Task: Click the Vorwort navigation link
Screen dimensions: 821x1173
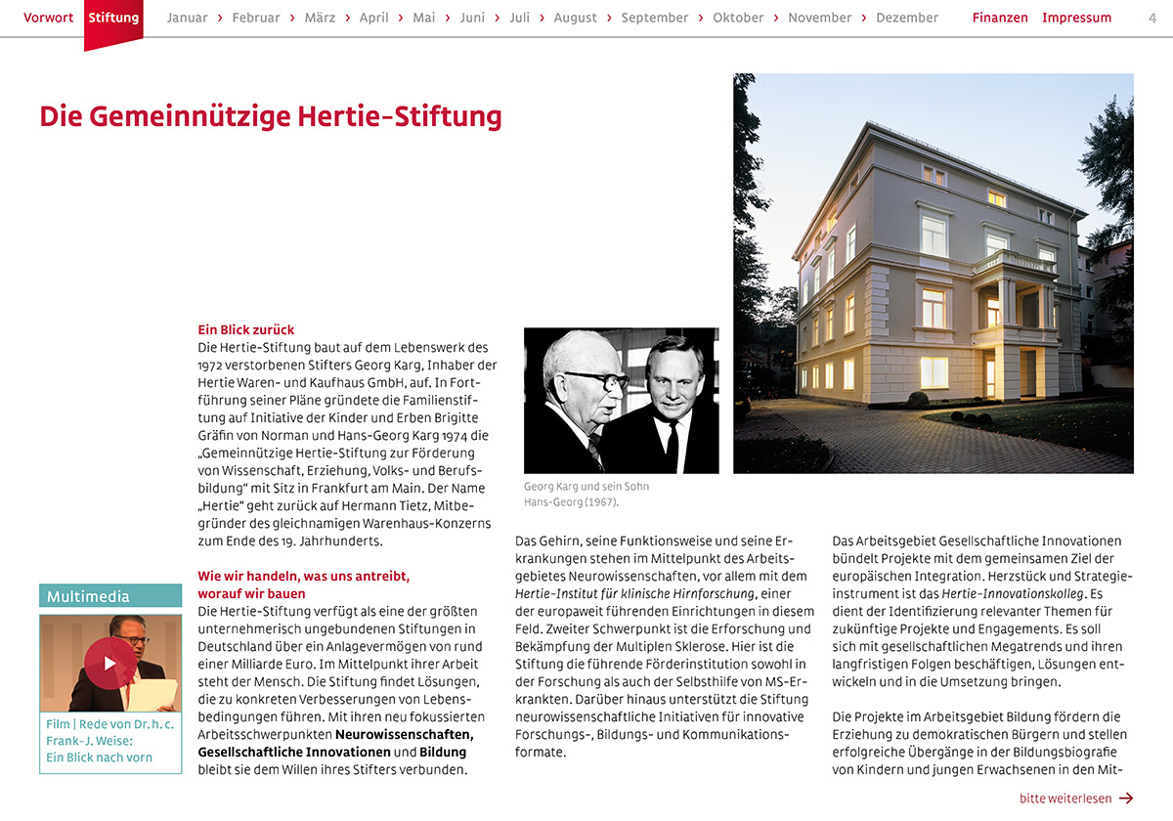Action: point(48,18)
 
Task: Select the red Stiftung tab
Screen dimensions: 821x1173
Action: point(113,18)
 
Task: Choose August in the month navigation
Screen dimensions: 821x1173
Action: point(575,18)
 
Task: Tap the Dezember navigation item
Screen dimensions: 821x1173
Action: point(906,18)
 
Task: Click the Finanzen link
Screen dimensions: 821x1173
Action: point(1000,18)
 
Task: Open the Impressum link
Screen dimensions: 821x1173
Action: point(1076,18)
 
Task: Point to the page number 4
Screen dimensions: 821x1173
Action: point(1152,18)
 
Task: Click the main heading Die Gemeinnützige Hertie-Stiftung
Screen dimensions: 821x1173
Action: point(271,116)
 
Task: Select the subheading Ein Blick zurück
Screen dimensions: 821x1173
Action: point(245,330)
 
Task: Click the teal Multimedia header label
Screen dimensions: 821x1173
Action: point(88,596)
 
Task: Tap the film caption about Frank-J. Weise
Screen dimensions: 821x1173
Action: point(110,741)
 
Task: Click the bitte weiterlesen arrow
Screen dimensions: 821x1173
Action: point(1125,799)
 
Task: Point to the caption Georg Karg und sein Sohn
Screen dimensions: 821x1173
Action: point(586,487)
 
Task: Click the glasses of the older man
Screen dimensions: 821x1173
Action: point(596,379)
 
